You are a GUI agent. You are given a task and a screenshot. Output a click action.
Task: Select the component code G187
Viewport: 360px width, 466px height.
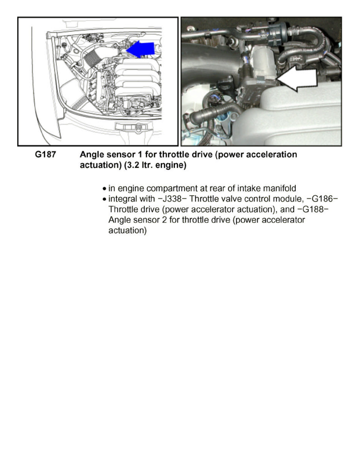pyautogui.click(x=45, y=155)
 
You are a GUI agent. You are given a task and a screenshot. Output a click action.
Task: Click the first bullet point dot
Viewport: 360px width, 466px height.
pyautogui.click(x=104, y=189)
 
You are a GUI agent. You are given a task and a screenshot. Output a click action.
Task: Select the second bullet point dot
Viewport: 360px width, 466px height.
pyautogui.click(x=104, y=199)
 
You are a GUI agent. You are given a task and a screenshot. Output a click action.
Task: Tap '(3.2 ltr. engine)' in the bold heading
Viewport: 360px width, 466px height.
pyautogui.click(x=155, y=165)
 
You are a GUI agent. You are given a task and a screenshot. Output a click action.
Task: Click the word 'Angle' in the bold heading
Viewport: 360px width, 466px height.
pyautogui.click(x=91, y=155)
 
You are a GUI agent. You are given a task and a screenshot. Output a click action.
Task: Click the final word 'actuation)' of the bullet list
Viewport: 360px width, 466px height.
pyautogui.click(x=127, y=230)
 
